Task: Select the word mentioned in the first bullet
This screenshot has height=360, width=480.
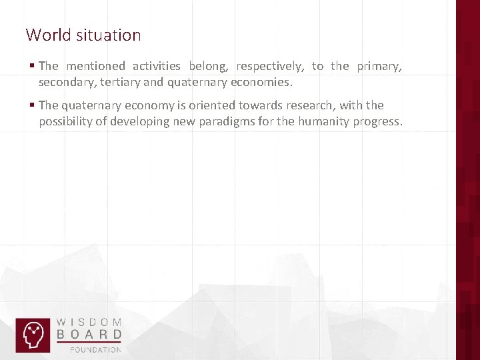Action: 95,65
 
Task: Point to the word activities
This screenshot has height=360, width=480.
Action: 156,65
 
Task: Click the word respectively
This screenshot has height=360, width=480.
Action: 270,66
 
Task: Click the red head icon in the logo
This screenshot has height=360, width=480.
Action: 33,335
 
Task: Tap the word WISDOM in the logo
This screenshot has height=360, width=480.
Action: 89,321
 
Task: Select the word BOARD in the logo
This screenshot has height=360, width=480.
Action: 89,334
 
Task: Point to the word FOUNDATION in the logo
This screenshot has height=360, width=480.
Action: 96,349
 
